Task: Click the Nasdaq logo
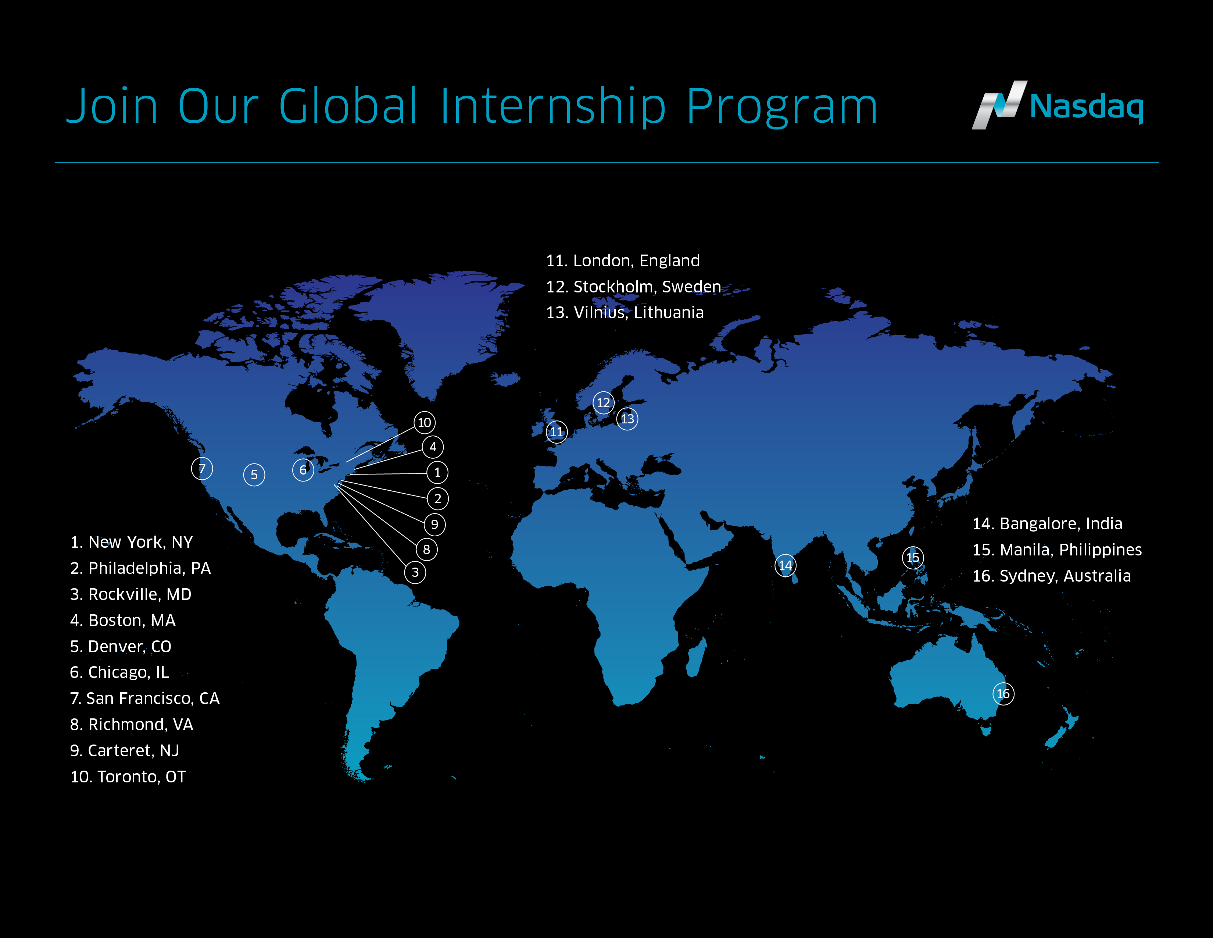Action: (x=1057, y=105)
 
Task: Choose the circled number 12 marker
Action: (x=604, y=403)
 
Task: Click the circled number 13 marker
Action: (x=627, y=419)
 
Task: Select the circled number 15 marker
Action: (x=913, y=557)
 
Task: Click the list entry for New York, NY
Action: (x=132, y=542)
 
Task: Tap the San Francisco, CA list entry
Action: (x=145, y=699)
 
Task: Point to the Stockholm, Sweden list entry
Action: (x=634, y=287)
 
